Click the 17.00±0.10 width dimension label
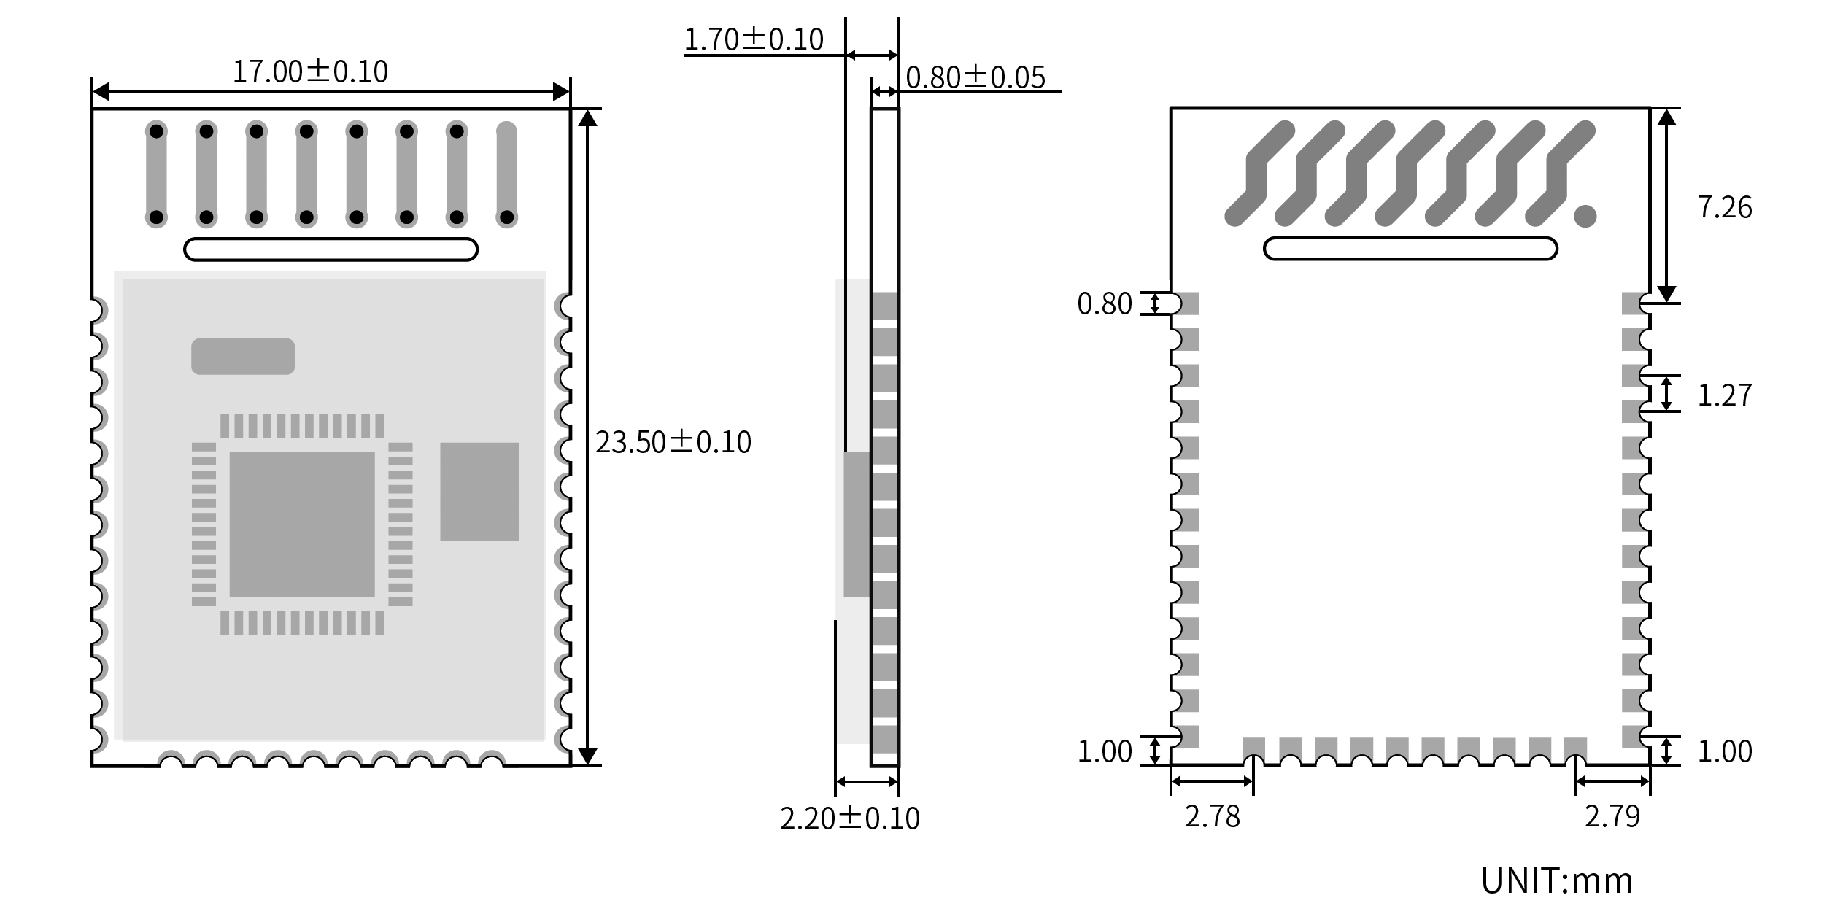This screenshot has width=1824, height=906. [x=310, y=71]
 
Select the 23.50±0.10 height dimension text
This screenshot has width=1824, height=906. [x=673, y=442]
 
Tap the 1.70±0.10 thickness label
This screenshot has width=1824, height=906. [x=754, y=39]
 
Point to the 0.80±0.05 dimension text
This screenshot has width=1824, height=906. [x=975, y=77]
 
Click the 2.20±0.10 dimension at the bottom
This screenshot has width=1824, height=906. [x=850, y=818]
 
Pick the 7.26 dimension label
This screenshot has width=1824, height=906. [x=1725, y=208]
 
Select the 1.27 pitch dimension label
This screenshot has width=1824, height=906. [x=1725, y=395]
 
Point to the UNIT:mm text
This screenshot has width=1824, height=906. [x=1557, y=880]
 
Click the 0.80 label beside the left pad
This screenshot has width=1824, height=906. [x=1105, y=304]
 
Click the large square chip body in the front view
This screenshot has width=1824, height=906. [x=302, y=524]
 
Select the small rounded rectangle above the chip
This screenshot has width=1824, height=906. [x=243, y=357]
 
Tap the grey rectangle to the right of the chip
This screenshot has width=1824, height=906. [x=479, y=492]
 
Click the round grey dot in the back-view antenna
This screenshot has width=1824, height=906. [x=1585, y=216]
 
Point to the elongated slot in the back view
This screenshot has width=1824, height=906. [x=1410, y=249]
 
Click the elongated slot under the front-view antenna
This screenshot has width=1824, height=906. [x=331, y=249]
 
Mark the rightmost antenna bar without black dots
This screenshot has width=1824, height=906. [x=506, y=174]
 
